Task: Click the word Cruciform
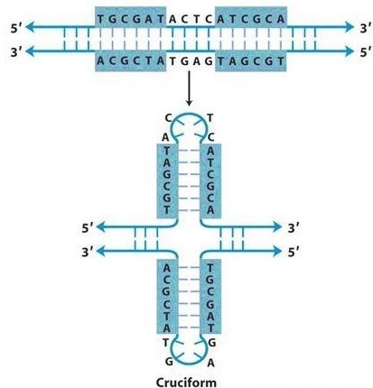pyautogui.click(x=186, y=383)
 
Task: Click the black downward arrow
pyautogui.click(x=189, y=88)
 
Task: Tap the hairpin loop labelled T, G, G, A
pyautogui.click(x=189, y=351)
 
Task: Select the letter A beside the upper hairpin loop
pyautogui.click(x=165, y=137)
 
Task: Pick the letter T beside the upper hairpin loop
pyautogui.click(x=210, y=118)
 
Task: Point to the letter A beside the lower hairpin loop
pyautogui.click(x=210, y=363)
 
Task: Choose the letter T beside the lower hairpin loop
pyautogui.click(x=165, y=342)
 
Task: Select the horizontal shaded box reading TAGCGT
pyautogui.click(x=251, y=61)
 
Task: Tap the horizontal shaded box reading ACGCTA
pyautogui.click(x=131, y=61)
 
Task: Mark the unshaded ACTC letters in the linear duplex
pyautogui.click(x=191, y=19)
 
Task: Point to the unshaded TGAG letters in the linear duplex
pyautogui.click(x=191, y=61)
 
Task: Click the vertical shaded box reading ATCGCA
pyautogui.click(x=210, y=181)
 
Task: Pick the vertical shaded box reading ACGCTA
pyautogui.click(x=167, y=297)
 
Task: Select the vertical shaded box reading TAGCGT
pyautogui.click(x=167, y=181)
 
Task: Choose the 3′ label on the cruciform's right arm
pyautogui.click(x=294, y=228)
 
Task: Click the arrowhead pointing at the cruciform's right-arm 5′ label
pyautogui.click(x=277, y=251)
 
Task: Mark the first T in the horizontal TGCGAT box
pyautogui.click(x=101, y=19)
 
